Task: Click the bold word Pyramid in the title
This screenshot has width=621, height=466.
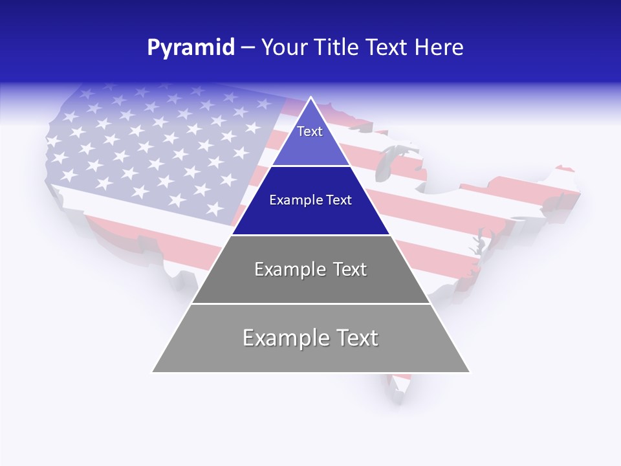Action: [x=190, y=47]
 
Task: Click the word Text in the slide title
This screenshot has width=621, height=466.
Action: [x=387, y=47]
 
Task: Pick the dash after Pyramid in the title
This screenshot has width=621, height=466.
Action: [x=247, y=48]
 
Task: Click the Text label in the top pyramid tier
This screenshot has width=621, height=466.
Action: [x=310, y=131]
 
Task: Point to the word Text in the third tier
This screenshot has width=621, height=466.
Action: [x=350, y=269]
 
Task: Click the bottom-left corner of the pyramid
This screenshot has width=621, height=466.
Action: [x=153, y=372]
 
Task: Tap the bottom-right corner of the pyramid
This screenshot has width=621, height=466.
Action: [x=470, y=372]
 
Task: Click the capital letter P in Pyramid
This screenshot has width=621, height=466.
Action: [x=153, y=47]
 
